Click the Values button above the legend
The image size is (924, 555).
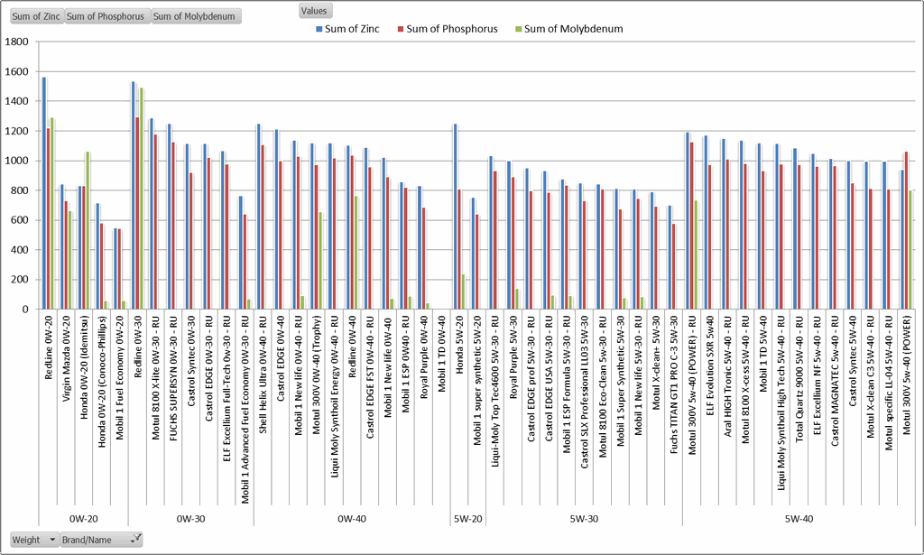[316, 11]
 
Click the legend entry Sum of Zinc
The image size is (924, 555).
[353, 29]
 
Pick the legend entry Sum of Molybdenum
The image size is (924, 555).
[573, 29]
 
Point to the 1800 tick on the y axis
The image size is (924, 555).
[18, 42]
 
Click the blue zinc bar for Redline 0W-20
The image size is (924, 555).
[44, 193]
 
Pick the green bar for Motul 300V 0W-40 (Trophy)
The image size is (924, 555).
[320, 261]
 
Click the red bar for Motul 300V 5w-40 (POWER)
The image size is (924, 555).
[906, 230]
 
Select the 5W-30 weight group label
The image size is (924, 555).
[585, 518]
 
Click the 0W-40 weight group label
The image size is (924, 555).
[352, 518]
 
